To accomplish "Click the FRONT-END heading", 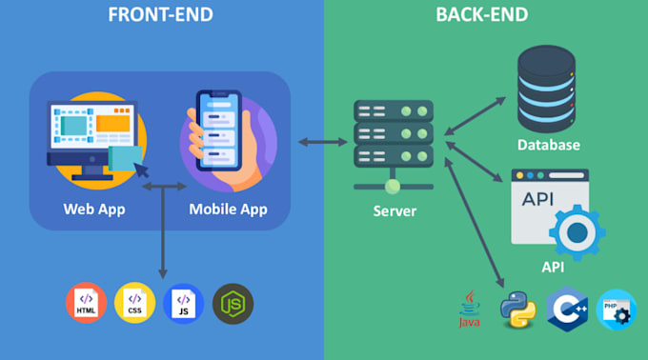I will pos(160,15).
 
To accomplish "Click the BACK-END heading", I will pos(481,15).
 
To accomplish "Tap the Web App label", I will pos(94,209).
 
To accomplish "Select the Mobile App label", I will pos(228,209).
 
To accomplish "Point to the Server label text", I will pos(393,210).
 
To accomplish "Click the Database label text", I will pos(549,146).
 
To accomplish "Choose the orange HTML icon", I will pos(86,302).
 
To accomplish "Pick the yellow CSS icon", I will pos(134,302).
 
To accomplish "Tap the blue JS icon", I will pos(183,302).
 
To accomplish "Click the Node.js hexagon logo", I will pos(233,302).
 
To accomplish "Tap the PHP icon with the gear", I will pos(617,310).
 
